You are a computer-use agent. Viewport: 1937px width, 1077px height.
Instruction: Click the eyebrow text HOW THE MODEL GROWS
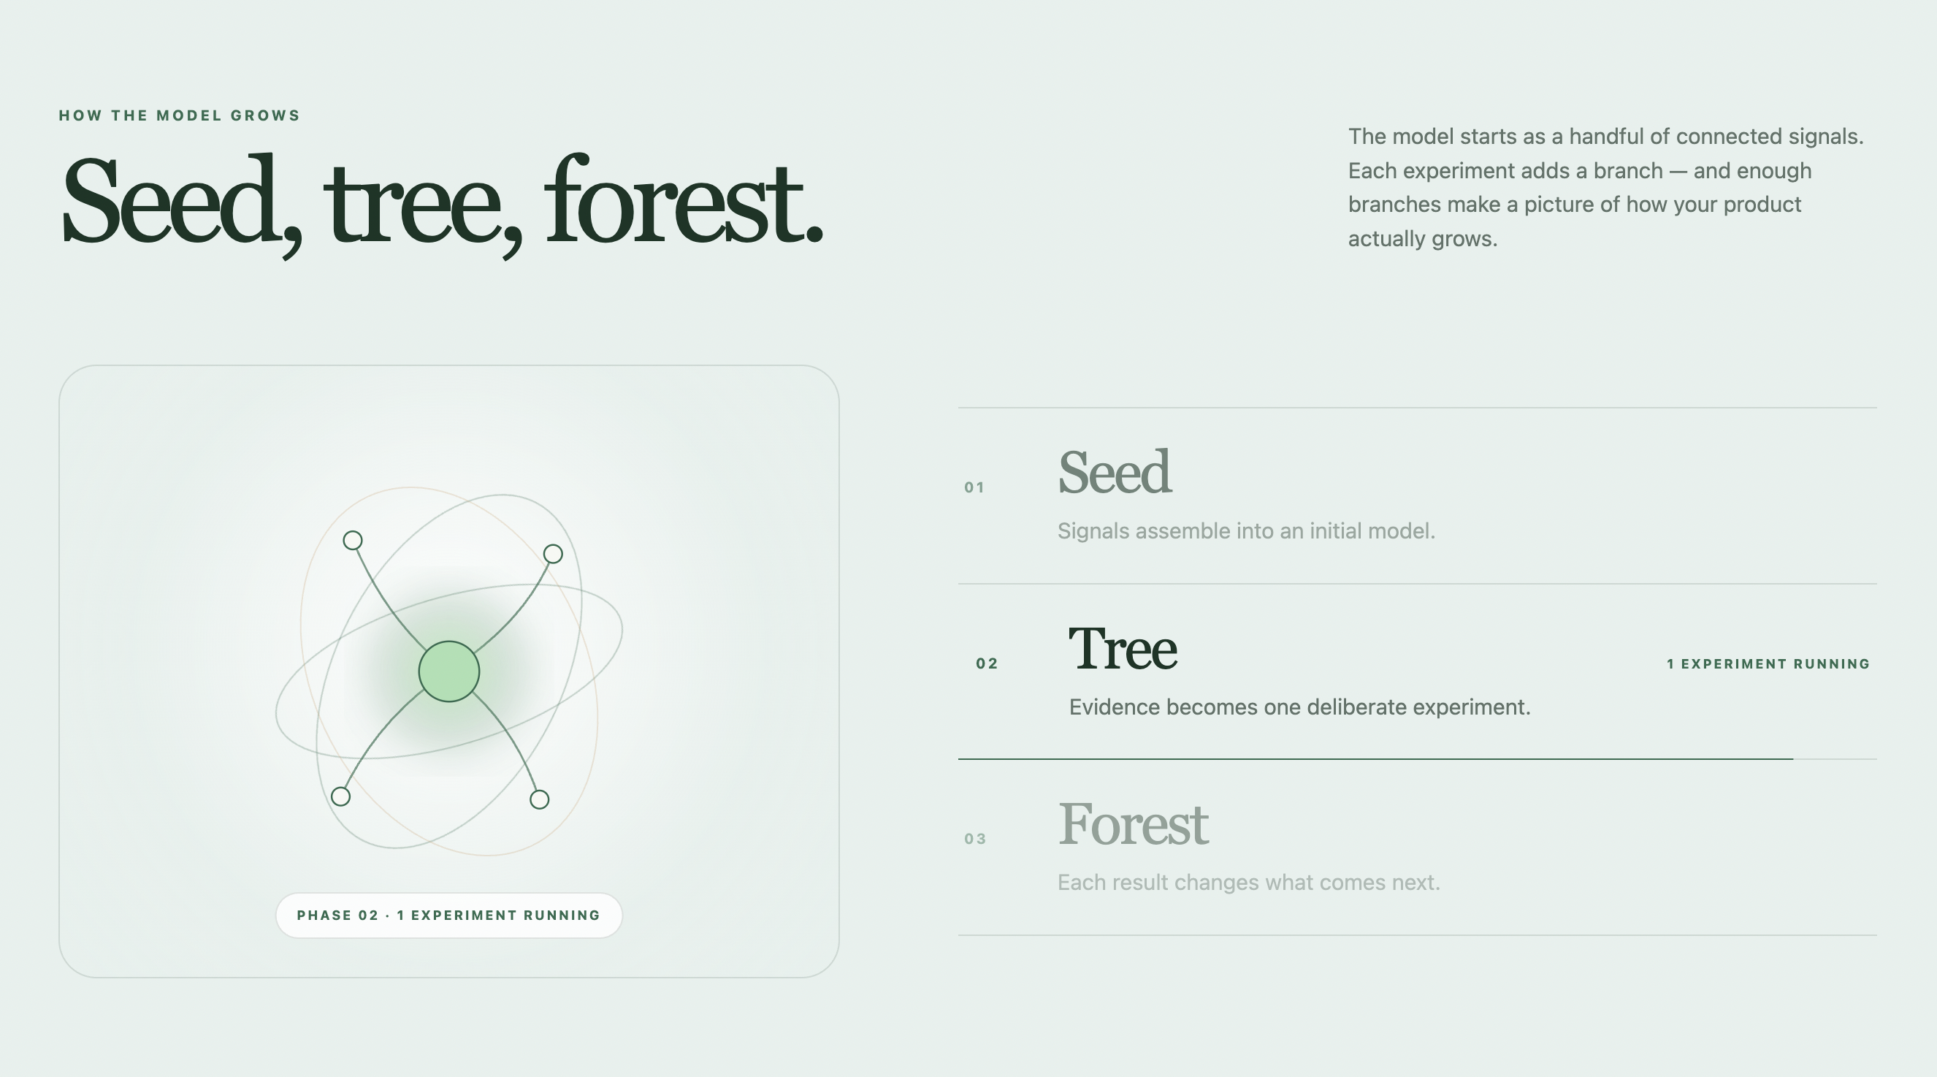click(x=179, y=116)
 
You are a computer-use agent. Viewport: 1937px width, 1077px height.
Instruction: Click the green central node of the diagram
click(x=449, y=671)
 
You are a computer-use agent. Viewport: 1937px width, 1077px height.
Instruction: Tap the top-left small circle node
click(x=353, y=541)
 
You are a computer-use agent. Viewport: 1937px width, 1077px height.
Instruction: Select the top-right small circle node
click(x=553, y=555)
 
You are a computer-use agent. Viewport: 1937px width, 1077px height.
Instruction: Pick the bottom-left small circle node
click(x=340, y=796)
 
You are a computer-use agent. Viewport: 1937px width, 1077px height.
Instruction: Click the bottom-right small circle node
click(x=539, y=799)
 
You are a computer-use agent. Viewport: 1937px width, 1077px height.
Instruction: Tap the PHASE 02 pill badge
click(x=449, y=916)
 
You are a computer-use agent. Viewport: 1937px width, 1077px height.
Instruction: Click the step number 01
click(x=974, y=487)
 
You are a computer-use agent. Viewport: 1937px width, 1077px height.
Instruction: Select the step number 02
click(x=987, y=663)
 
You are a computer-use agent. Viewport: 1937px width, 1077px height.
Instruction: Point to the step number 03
click(x=975, y=839)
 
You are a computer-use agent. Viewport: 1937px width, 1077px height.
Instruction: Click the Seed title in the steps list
click(x=1115, y=472)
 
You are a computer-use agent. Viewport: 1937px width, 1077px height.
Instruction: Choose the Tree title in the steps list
click(x=1123, y=648)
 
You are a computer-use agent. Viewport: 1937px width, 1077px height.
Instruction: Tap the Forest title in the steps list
click(x=1133, y=823)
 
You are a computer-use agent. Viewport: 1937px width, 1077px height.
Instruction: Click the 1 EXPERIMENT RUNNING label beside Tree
click(x=1768, y=664)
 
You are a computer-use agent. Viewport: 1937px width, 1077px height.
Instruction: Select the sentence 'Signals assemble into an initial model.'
click(x=1246, y=531)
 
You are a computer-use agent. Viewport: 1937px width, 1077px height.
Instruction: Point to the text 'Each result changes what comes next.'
click(x=1248, y=882)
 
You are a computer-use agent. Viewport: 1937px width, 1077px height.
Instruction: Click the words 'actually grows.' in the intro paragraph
click(x=1423, y=239)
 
